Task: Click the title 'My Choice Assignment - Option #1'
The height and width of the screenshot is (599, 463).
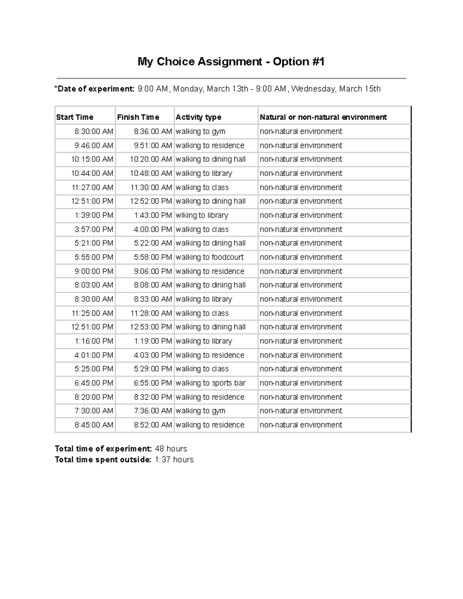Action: (231, 62)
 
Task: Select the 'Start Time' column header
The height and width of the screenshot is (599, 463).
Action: (75, 117)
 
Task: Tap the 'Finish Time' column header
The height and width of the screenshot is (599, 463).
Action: (138, 117)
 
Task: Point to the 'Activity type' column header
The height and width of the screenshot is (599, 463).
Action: (198, 117)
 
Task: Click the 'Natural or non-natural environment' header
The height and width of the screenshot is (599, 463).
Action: (323, 117)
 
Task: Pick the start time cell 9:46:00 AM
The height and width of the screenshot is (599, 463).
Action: (94, 145)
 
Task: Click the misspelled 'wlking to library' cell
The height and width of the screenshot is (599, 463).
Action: (202, 215)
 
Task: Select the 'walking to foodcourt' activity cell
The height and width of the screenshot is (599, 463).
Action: (210, 257)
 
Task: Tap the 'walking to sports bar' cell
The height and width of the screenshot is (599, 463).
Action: (210, 383)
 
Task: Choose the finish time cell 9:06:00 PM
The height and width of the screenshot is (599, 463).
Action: (153, 271)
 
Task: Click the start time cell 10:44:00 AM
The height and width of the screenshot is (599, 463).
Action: (92, 173)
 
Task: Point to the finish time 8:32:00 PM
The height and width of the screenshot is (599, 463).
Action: (153, 397)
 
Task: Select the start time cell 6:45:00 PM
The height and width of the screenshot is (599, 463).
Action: (94, 383)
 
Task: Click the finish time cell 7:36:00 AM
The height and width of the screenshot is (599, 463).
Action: (153, 411)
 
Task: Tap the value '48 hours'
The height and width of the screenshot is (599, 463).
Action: (171, 449)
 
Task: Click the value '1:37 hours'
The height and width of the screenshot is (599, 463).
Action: (174, 460)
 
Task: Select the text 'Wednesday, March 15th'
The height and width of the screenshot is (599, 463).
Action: (336, 89)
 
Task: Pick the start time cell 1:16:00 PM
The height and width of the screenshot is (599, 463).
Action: (94, 341)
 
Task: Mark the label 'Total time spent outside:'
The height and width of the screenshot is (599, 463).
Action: (103, 460)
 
